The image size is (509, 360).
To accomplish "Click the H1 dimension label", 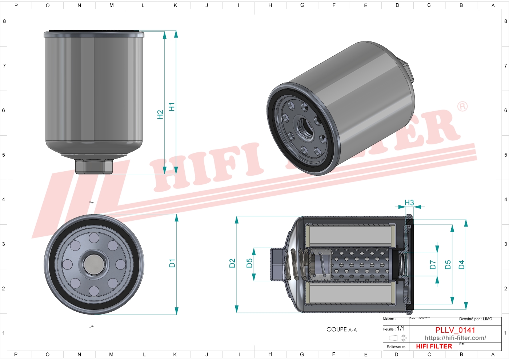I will point(172,107).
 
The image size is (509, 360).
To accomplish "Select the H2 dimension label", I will point(160,115).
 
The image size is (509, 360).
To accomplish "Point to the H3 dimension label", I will point(409,203).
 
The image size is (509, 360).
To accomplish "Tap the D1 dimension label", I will point(172,263).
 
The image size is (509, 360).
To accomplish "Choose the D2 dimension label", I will point(232,263).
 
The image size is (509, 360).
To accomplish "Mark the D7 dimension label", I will point(433,265).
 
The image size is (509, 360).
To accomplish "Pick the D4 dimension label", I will point(461,265).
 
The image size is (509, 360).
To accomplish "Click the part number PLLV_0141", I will point(455,330).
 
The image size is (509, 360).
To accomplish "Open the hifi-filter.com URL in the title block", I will point(455,338).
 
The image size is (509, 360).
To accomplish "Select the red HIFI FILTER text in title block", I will point(434,347).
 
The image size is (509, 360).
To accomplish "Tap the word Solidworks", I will point(396,347).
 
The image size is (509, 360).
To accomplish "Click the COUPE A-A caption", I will point(341,329).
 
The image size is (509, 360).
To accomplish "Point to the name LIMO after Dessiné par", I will point(487,319).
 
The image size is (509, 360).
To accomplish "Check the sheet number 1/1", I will point(401,328).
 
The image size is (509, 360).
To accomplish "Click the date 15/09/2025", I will point(424,319).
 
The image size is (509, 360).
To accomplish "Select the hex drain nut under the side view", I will point(94,166).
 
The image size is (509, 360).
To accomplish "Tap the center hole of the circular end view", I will point(94,264).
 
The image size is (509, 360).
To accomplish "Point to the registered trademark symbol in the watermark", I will point(462,107).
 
